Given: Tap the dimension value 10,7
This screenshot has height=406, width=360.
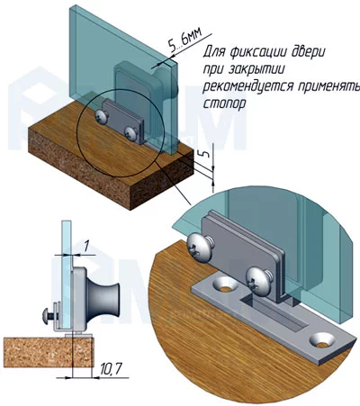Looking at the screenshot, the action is click(110, 369).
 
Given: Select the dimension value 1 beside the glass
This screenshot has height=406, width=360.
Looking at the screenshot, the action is click(86, 247).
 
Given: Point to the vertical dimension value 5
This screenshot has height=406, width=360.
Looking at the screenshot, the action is click(206, 154).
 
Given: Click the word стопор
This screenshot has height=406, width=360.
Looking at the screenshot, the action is click(225, 104).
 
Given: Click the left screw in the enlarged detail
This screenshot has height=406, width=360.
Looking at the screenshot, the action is click(200, 247).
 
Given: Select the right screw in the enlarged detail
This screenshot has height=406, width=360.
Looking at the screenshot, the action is click(258, 282).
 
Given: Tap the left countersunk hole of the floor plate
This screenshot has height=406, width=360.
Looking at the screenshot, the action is click(225, 286).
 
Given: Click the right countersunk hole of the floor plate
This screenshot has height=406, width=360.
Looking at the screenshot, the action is click(322, 340).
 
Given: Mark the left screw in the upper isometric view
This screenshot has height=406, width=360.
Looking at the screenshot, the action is click(102, 117).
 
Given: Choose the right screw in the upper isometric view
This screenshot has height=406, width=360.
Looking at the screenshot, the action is click(131, 133).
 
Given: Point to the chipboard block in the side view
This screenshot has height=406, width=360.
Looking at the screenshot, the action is click(49, 352).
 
